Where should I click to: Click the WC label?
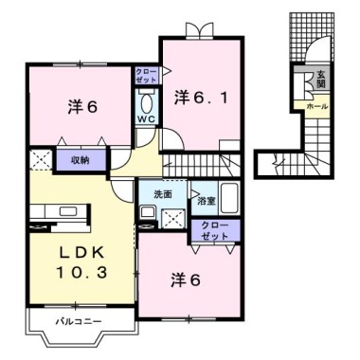pos(147,119)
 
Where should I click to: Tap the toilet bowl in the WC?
pos(147,103)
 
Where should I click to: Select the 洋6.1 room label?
pos(201,99)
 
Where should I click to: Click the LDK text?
pos(82,253)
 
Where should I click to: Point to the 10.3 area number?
pos(82,272)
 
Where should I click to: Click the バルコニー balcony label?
pos(79,321)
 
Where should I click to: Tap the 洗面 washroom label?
pos(163,194)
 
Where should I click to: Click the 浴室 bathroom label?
pos(207,201)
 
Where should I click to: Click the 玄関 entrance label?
pos(321,79)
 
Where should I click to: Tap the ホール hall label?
pos(316,107)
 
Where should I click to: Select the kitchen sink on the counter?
pos(68,210)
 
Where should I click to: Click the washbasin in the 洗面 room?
pos(147,211)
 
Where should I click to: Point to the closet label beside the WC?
pos(146,76)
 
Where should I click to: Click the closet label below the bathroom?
pos(215,230)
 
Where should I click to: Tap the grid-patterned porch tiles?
pos(312,37)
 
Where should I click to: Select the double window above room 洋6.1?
pos(198,30)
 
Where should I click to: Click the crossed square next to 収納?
pos(41,160)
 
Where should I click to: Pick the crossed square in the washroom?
pos(172,219)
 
